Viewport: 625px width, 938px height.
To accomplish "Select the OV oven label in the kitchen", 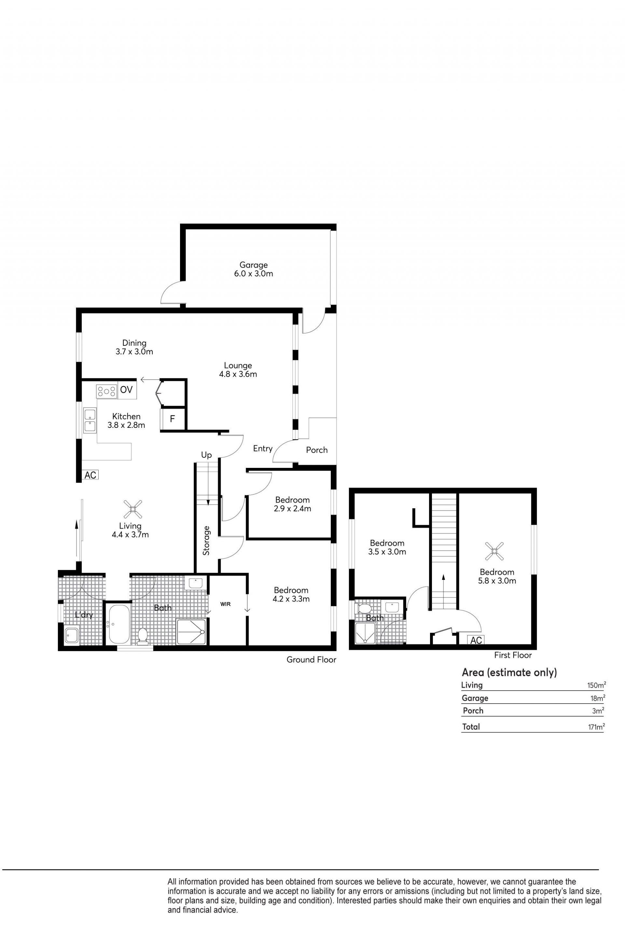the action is [126, 389].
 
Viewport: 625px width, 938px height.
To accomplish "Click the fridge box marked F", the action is [173, 419].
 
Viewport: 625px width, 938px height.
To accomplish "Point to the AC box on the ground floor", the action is [90, 475].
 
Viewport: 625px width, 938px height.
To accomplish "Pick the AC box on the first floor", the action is [476, 640].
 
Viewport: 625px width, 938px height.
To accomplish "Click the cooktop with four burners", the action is [106, 391].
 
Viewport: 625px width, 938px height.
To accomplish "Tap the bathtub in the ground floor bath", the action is [118, 624].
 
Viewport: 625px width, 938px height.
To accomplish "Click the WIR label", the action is [225, 604].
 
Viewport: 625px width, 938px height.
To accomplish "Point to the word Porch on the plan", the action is [317, 450].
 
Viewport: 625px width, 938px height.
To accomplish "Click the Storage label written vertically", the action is [206, 540].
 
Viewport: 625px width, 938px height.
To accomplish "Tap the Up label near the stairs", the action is [206, 455].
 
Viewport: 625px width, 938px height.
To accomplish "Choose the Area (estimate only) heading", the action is [509, 673].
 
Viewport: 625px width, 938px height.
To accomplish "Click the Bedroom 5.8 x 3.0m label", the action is [497, 576].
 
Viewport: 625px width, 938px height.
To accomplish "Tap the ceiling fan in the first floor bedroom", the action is [494, 551].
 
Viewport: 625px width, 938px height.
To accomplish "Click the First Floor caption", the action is [513, 655].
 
